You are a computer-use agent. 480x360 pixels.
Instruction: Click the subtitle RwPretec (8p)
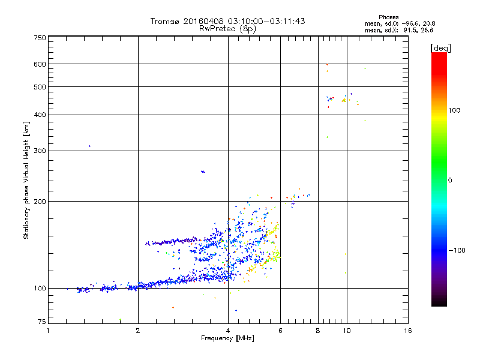(228, 28)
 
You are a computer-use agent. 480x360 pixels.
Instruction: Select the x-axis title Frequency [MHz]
(227, 338)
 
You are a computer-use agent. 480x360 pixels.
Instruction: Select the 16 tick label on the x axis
(407, 331)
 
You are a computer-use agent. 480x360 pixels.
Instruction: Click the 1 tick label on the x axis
(49, 331)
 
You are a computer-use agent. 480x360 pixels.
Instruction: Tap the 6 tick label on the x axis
(280, 331)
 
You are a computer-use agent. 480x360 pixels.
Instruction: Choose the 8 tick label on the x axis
(317, 331)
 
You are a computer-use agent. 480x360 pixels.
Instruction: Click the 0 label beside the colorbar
(450, 180)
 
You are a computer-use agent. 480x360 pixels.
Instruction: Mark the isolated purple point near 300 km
(89, 146)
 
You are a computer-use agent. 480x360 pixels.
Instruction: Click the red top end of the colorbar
(439, 55)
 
